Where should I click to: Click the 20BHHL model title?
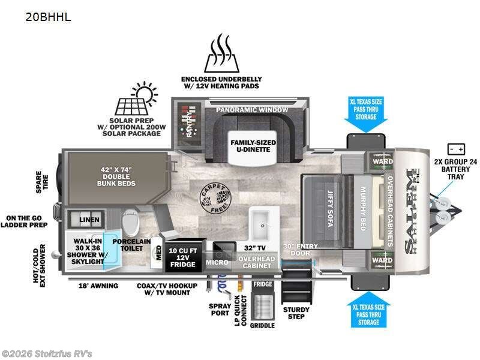pos(48,17)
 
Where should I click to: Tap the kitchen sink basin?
pos(263,221)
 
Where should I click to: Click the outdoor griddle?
pos(262,306)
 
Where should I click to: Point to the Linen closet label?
pos(89,220)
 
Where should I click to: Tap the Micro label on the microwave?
pos(217,262)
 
